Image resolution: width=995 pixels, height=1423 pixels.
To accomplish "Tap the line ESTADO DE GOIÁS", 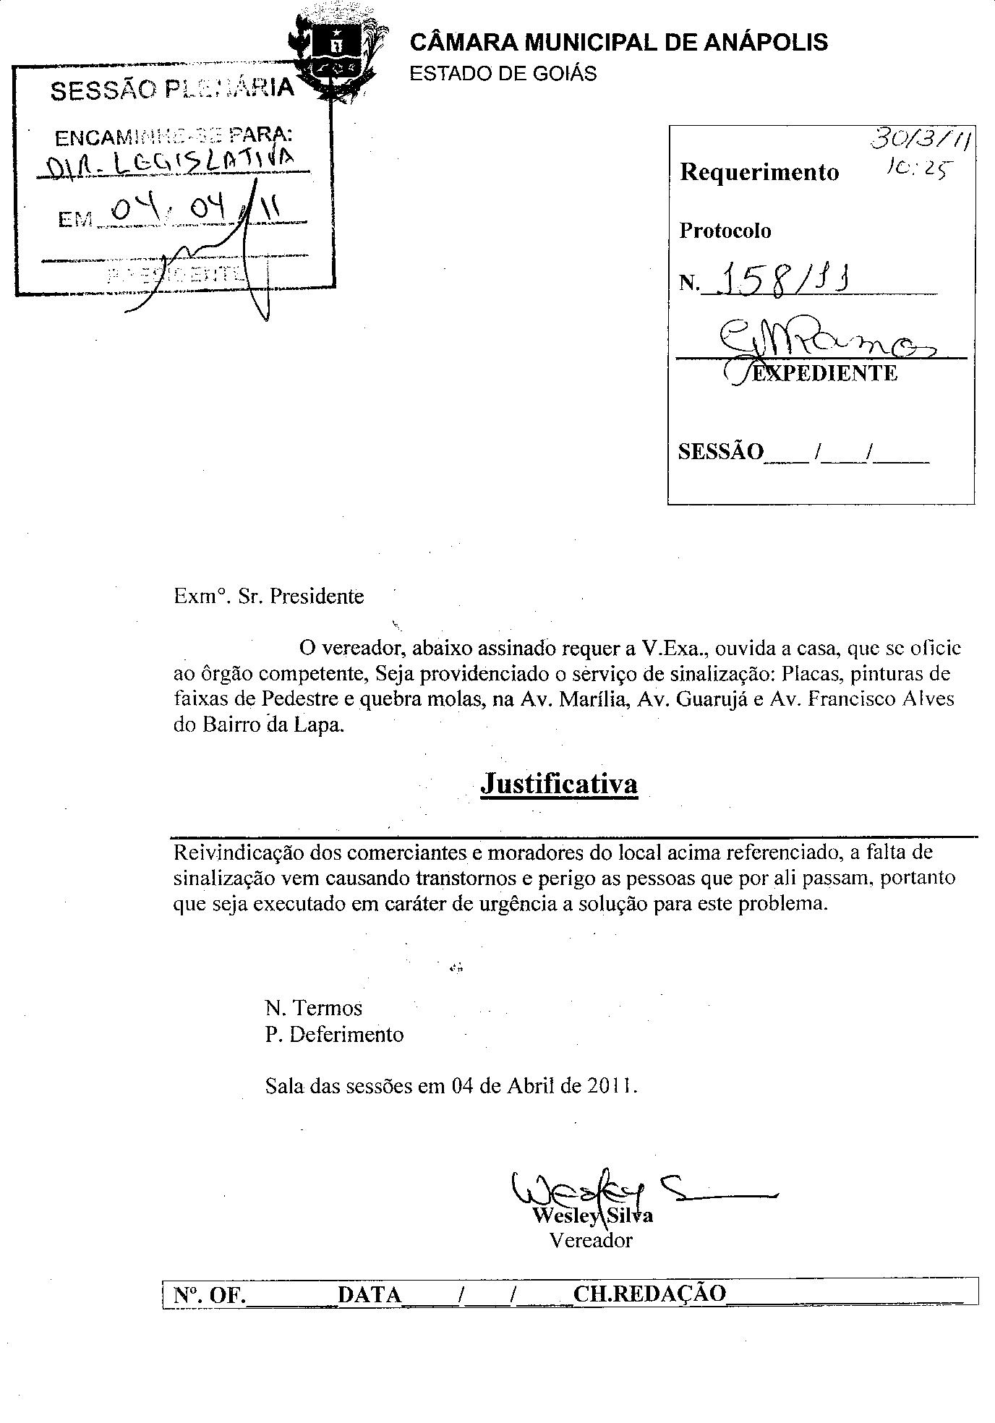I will (503, 74).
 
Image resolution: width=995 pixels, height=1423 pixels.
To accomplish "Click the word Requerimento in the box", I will (759, 172).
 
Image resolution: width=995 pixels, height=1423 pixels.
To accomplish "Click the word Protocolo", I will (725, 231).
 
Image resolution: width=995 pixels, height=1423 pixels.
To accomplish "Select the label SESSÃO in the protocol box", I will (720, 451).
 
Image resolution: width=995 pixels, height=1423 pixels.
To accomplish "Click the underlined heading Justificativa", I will (559, 784).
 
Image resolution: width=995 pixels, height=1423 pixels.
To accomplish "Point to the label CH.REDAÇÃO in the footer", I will (649, 1294).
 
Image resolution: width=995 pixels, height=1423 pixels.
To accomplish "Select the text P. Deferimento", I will (334, 1034).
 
